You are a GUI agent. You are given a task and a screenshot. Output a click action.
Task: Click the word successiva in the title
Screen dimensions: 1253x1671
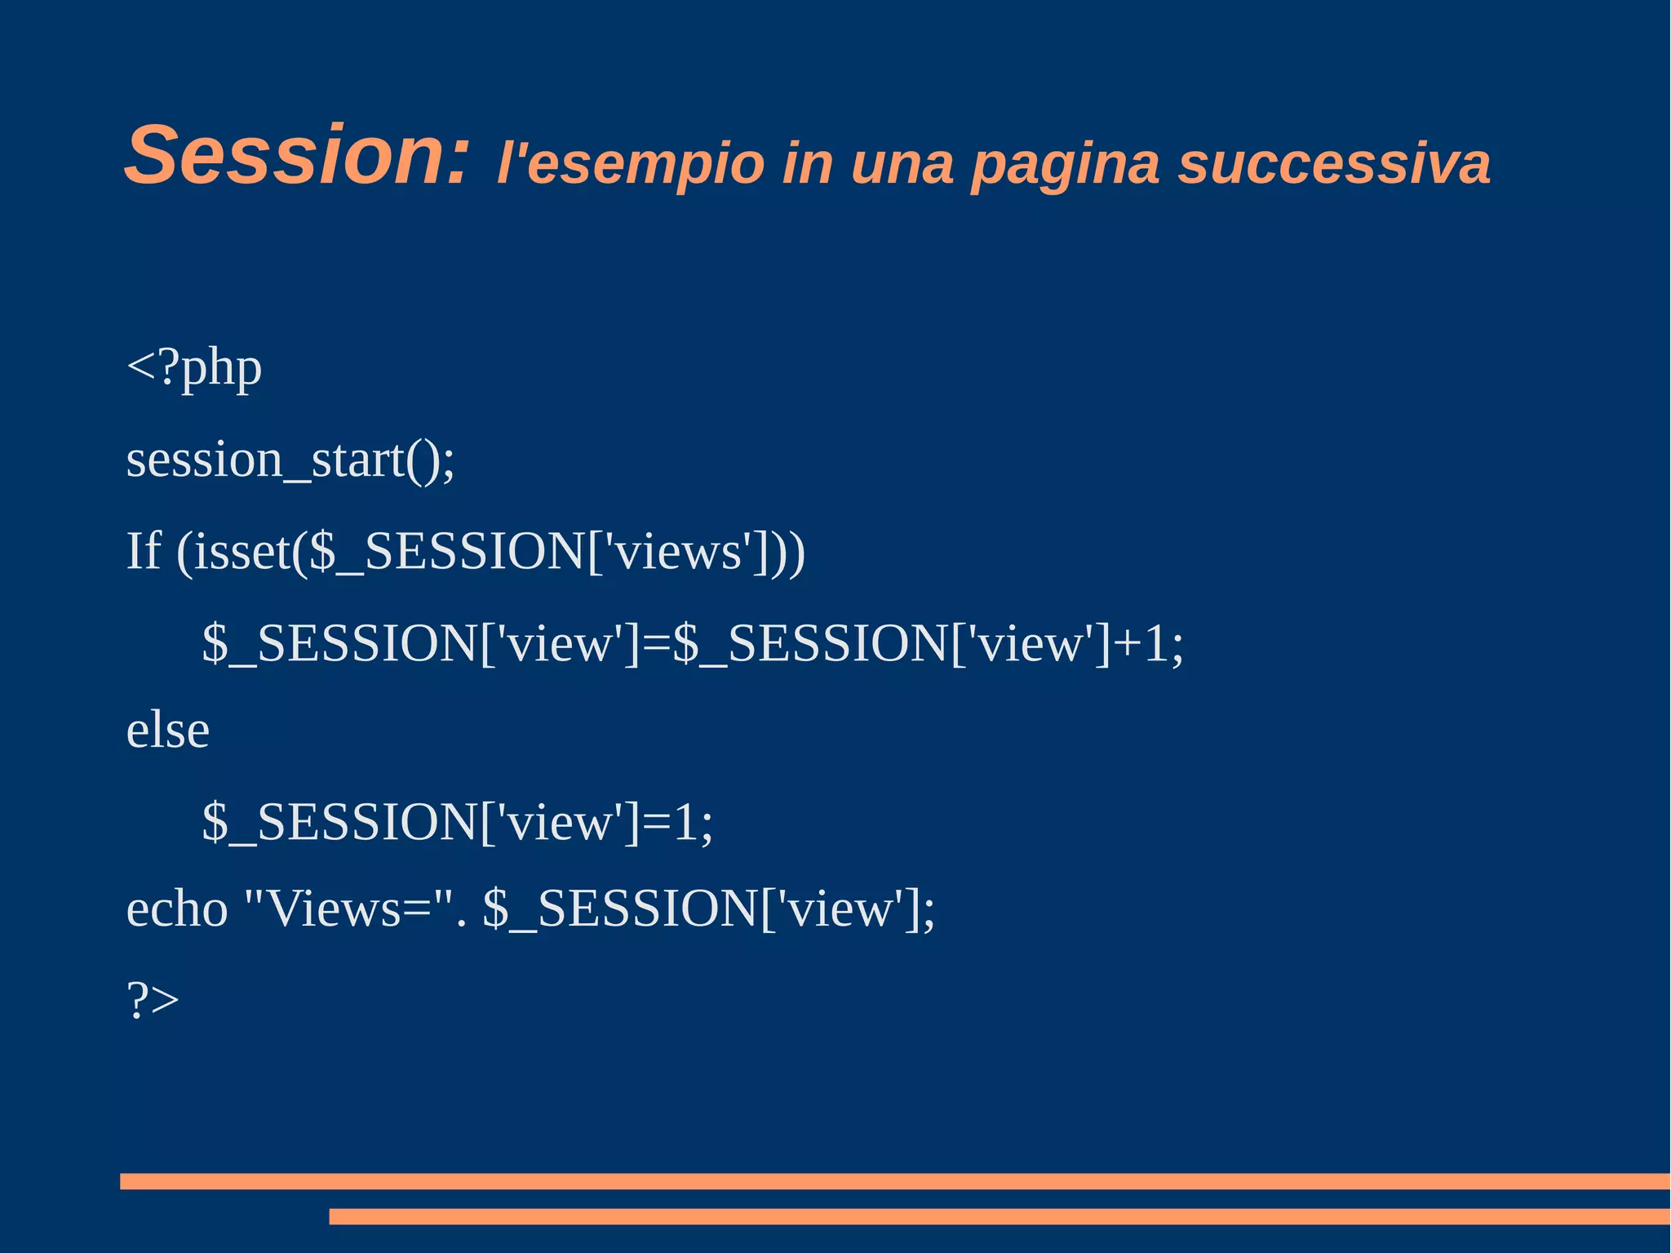[x=1333, y=163]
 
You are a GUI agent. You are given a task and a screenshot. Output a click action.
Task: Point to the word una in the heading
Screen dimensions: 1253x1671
[x=901, y=163]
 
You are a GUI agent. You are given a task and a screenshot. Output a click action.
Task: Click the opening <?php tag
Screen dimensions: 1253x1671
[x=194, y=368]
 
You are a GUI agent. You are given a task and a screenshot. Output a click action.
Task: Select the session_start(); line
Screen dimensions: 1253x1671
[x=290, y=460]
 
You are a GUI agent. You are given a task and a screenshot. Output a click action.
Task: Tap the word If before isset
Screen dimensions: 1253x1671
[x=144, y=551]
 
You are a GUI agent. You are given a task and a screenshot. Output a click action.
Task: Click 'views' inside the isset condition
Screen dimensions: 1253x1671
[x=677, y=552]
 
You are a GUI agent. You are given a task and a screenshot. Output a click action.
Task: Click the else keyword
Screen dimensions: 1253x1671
[x=167, y=730]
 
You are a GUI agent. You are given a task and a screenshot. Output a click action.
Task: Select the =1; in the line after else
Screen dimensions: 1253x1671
[x=678, y=821]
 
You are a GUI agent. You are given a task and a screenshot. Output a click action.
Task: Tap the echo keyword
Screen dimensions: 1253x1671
[x=176, y=909]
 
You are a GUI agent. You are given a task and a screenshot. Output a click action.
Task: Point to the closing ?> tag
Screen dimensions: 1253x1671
[x=153, y=1000]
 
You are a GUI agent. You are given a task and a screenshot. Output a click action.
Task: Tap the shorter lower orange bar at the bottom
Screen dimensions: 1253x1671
[x=999, y=1216]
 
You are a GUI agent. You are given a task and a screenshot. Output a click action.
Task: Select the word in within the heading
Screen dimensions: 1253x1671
[x=807, y=163]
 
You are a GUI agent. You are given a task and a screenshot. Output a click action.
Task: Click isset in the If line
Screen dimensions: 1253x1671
[x=242, y=552]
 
